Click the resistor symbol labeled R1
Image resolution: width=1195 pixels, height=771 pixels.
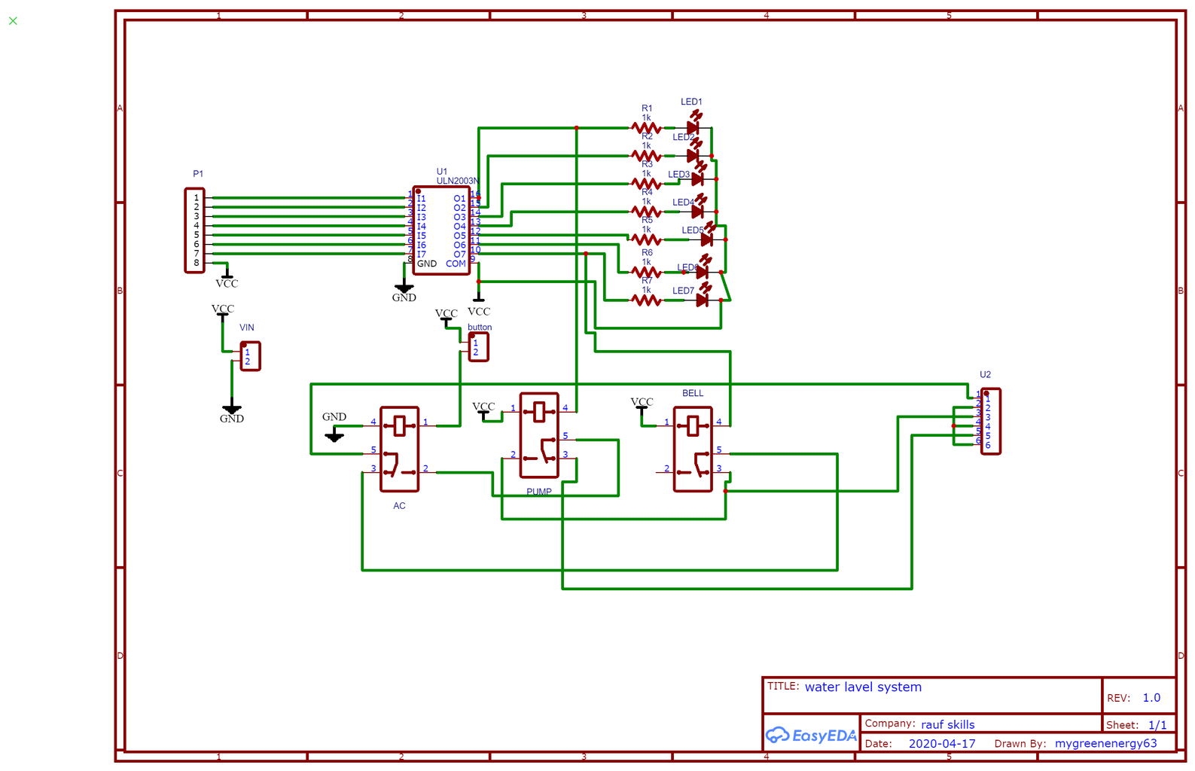[x=646, y=129]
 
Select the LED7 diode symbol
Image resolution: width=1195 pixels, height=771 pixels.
[x=702, y=300]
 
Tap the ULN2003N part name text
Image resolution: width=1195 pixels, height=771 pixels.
[x=457, y=181]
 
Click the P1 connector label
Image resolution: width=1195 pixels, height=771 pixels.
[x=198, y=174]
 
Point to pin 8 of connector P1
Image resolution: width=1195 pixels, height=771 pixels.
[x=197, y=263]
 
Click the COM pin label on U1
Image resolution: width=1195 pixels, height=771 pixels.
[x=456, y=264]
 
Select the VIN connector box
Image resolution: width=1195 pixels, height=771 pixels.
[x=251, y=356]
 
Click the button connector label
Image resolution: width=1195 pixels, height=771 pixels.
[x=480, y=327]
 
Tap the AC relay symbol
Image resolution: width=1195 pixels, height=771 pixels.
[x=399, y=449]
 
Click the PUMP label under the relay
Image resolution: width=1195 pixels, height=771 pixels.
[x=539, y=492]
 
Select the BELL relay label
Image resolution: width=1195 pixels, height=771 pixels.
[x=693, y=393]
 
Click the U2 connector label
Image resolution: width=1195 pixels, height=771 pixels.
[x=985, y=374]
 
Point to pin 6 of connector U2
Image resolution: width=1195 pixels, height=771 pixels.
[x=988, y=445]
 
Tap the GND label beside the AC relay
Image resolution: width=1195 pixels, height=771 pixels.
[x=334, y=416]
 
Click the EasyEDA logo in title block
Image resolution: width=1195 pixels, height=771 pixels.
[x=811, y=736]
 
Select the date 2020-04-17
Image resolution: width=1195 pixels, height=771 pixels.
[x=941, y=743]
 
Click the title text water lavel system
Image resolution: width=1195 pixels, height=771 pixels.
[x=863, y=687]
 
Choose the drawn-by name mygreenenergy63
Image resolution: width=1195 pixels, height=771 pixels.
[x=1105, y=743]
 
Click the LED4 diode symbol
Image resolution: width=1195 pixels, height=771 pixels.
[x=698, y=212]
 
